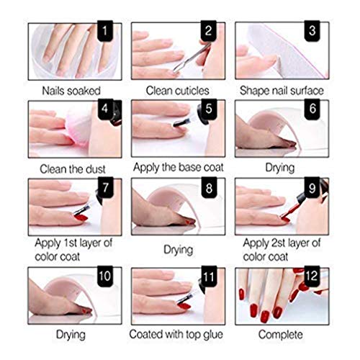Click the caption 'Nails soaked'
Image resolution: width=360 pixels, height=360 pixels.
click(x=73, y=90)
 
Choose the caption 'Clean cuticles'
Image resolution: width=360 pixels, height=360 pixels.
click(x=179, y=90)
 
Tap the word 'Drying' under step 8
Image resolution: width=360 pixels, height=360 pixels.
click(x=179, y=250)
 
